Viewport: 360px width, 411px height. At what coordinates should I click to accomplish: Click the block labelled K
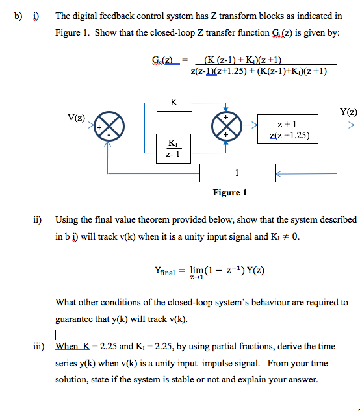173,102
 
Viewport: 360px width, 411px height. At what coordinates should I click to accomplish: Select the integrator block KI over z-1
173,148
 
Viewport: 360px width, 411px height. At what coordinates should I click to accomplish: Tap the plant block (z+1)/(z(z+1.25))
288,129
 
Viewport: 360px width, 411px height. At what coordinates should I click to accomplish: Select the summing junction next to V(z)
108,127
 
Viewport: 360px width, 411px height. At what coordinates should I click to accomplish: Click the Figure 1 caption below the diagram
230,192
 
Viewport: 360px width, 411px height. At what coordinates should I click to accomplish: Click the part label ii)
38,219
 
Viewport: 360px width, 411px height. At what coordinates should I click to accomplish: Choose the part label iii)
38,346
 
